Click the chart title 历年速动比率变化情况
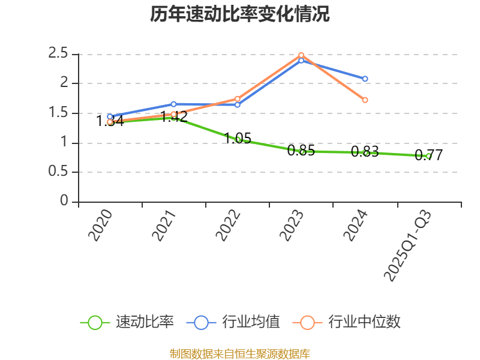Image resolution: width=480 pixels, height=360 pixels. [240, 14]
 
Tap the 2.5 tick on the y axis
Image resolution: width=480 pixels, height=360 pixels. [58, 54]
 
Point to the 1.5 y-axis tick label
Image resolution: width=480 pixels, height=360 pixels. [58, 113]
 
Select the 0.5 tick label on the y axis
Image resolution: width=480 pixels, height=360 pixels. [58, 172]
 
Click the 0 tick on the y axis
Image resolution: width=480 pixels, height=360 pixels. [65, 202]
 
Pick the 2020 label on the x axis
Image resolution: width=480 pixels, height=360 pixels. [101, 226]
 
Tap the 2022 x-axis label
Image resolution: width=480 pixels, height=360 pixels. [229, 226]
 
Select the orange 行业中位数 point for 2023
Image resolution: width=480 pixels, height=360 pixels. [301, 55]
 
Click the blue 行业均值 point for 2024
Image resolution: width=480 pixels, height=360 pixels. [365, 79]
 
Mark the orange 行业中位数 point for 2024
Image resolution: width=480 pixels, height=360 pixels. [365, 100]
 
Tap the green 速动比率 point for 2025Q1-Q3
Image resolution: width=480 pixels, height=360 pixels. [428, 156]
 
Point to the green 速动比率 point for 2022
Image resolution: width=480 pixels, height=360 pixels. [238, 139]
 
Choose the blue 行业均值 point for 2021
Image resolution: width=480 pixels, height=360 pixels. [173, 104]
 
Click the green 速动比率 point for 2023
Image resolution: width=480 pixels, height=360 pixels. [301, 152]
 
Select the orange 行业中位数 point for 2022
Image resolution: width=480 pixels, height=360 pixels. [238, 98]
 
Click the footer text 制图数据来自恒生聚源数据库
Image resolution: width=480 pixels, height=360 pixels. [240, 353]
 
